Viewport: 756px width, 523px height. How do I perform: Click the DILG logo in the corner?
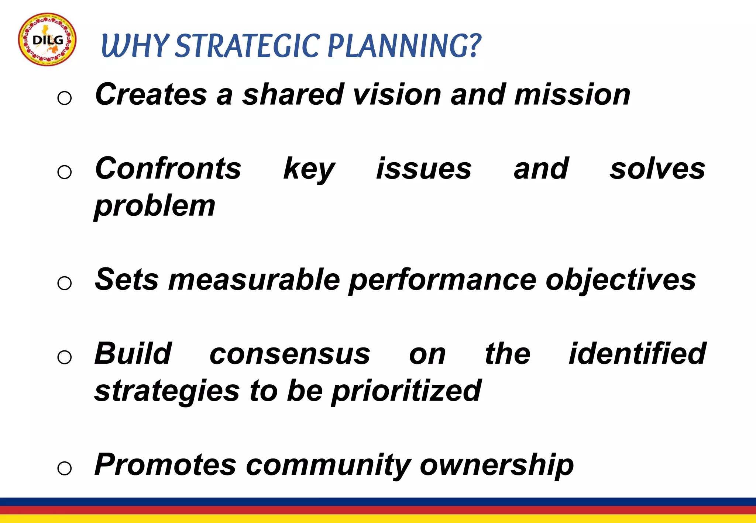click(47, 39)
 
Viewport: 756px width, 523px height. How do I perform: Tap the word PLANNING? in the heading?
click(405, 46)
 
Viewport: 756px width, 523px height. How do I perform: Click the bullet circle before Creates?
click(65, 98)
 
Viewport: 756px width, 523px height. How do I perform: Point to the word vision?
click(397, 94)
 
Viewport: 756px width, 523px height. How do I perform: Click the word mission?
click(572, 94)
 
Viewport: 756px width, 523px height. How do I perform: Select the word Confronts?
click(168, 169)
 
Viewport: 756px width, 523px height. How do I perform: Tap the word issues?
click(424, 169)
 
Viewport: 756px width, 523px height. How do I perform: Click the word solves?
click(657, 169)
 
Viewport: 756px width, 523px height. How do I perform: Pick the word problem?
click(155, 207)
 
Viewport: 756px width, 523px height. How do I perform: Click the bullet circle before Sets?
click(65, 283)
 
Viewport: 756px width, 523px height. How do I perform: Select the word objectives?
click(621, 280)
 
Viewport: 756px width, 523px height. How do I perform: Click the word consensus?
click(290, 354)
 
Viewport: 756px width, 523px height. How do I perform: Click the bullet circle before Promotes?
click(65, 468)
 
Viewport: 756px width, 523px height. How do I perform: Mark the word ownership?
click(497, 465)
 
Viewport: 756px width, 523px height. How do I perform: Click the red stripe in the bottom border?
click(378, 510)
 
